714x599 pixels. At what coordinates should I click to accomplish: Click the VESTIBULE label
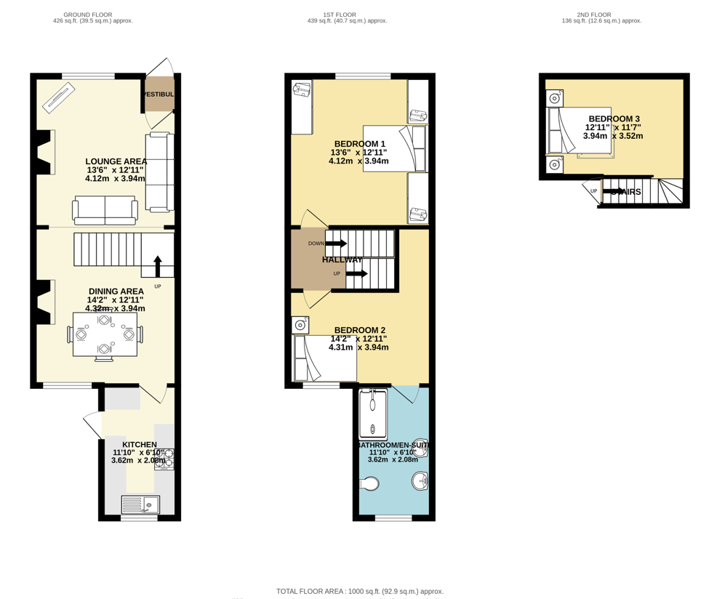159,95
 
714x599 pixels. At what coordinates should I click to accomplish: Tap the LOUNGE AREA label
116,161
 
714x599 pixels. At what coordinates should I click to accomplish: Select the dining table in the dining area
105,335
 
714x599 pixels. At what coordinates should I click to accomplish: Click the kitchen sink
140,504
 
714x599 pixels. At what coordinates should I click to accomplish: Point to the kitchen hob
164,459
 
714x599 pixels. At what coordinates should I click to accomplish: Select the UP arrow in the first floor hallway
356,273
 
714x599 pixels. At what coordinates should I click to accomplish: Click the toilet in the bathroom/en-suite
369,483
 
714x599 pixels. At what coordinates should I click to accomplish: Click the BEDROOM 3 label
614,118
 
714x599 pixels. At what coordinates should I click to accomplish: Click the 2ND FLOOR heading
594,15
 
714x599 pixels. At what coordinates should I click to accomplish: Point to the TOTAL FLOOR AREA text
359,591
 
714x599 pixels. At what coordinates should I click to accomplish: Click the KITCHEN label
139,444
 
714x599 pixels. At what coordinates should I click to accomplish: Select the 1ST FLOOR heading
340,15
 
